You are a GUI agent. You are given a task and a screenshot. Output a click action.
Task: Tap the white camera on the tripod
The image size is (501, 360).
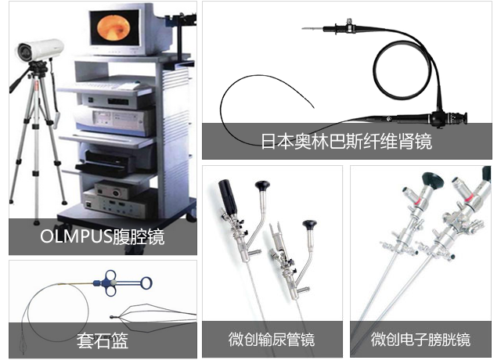tap(40, 50)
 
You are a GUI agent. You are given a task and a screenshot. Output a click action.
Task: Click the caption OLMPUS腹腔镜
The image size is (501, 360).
tap(103, 236)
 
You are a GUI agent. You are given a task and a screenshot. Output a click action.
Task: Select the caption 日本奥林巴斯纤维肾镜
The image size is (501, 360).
tap(346, 141)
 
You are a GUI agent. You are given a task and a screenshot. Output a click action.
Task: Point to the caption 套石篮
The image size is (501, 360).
tap(103, 340)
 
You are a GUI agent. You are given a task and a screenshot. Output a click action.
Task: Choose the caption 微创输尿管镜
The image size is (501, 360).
tap(272, 339)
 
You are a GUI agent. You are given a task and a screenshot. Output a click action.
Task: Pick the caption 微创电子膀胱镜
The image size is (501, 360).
tap(420, 339)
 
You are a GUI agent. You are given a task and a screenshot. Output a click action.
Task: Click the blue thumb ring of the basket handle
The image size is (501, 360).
tap(146, 283)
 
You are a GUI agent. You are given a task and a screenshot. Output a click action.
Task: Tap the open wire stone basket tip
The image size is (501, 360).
tap(153, 317)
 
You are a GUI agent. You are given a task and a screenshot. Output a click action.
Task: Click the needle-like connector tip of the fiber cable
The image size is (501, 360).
tap(312, 29)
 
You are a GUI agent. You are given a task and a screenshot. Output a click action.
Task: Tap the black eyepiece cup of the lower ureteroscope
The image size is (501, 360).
tap(310, 225)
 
